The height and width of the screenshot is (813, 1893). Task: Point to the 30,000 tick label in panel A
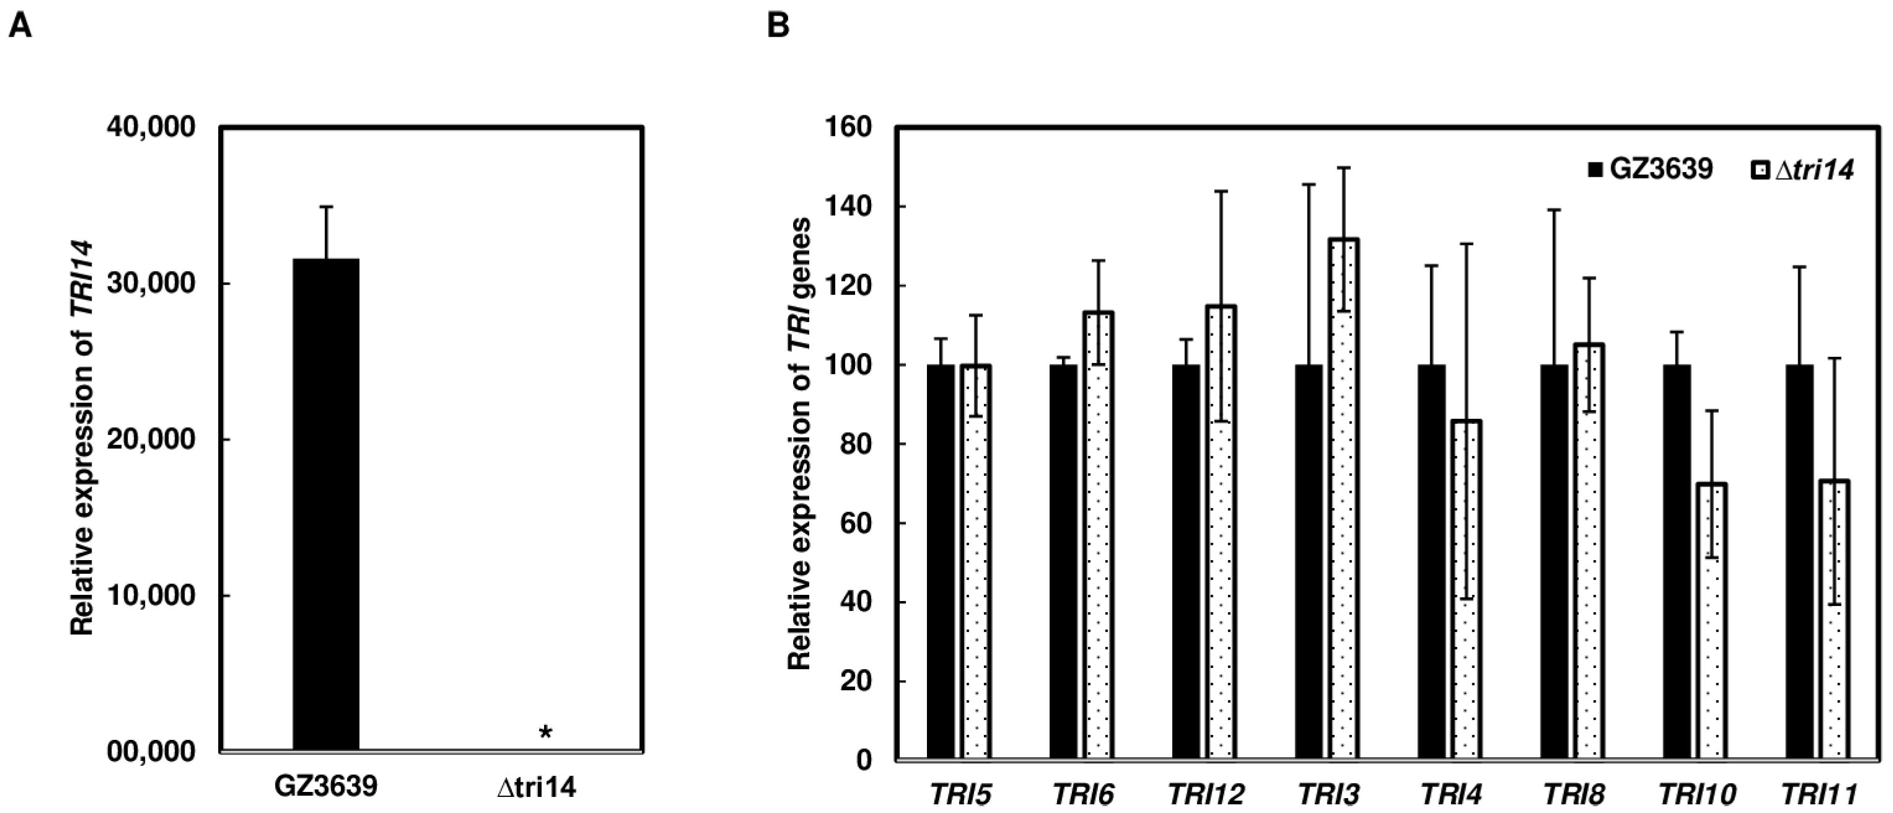[151, 284]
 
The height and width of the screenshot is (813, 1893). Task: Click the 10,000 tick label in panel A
[151, 595]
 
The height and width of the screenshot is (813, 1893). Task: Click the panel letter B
[778, 27]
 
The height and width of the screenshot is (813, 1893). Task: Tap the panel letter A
[20, 27]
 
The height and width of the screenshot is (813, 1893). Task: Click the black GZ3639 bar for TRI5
[941, 561]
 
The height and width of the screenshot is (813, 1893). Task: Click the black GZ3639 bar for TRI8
[1554, 561]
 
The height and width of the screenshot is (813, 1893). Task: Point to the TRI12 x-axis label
[1205, 794]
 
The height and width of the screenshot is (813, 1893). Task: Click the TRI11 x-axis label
[1818, 794]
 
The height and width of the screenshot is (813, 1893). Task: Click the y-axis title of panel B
[799, 444]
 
